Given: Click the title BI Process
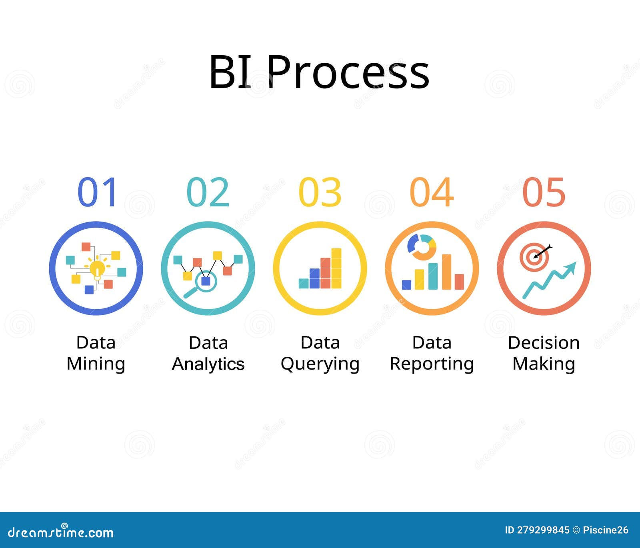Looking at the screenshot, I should (x=319, y=72).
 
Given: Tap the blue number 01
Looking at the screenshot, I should (x=97, y=192).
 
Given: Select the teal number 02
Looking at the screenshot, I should (x=208, y=192).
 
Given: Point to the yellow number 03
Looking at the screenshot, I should (x=320, y=192).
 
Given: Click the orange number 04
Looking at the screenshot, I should (x=432, y=192).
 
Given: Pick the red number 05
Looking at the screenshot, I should (x=544, y=192).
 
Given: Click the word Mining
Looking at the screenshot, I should (x=96, y=364).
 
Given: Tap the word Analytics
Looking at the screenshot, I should (x=208, y=364).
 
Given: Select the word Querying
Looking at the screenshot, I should (x=320, y=364).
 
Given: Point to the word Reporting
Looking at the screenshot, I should (x=432, y=364).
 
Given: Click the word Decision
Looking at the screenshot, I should (x=544, y=343).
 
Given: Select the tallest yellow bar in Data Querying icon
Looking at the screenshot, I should (x=336, y=268).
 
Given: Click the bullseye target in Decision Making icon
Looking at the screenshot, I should (x=532, y=256).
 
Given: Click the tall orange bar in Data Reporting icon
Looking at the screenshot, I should (x=446, y=272).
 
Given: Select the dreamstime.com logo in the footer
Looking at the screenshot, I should (x=61, y=532).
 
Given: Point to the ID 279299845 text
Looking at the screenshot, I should (x=537, y=530).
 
